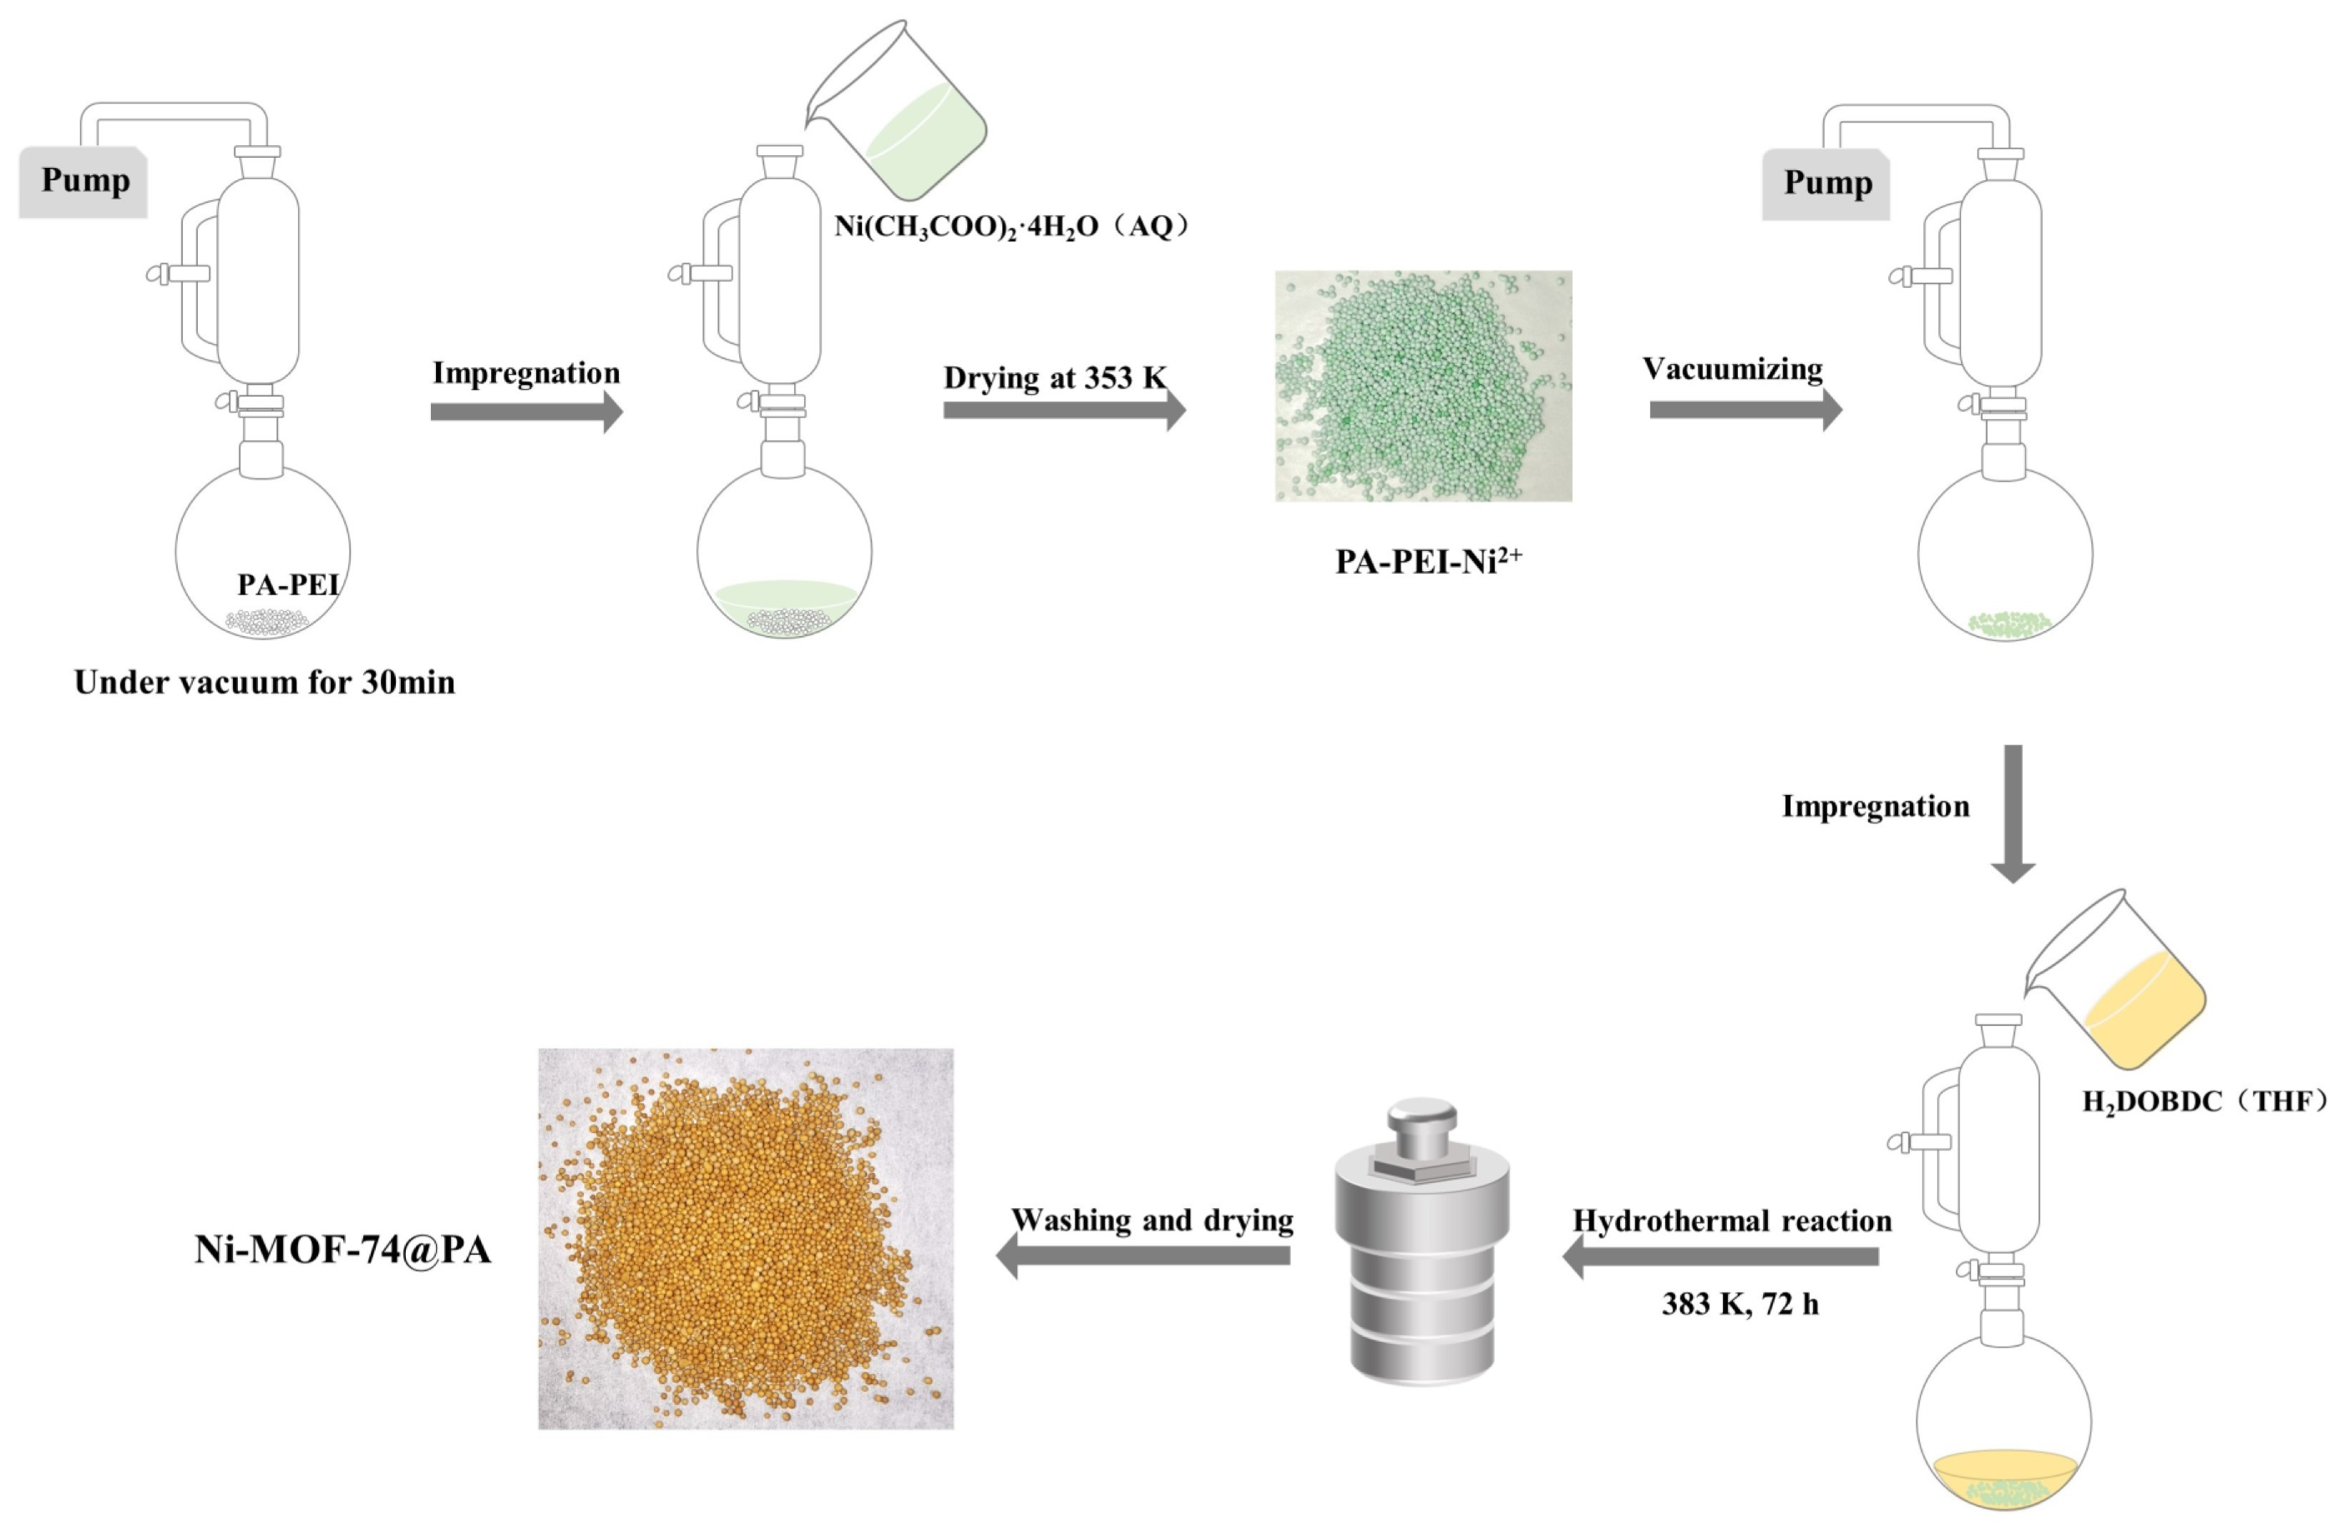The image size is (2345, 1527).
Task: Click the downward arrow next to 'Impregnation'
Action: pyautogui.click(x=2013, y=813)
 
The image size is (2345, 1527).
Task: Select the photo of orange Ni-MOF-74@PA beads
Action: pyautogui.click(x=746, y=1238)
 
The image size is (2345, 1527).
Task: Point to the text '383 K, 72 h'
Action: pyautogui.click(x=1740, y=1303)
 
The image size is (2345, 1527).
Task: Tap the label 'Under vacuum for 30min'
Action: pyautogui.click(x=264, y=682)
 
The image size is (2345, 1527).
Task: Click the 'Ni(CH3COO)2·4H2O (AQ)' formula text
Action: pyautogui.click(x=1013, y=226)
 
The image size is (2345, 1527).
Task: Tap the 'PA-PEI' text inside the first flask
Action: pyautogui.click(x=288, y=584)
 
